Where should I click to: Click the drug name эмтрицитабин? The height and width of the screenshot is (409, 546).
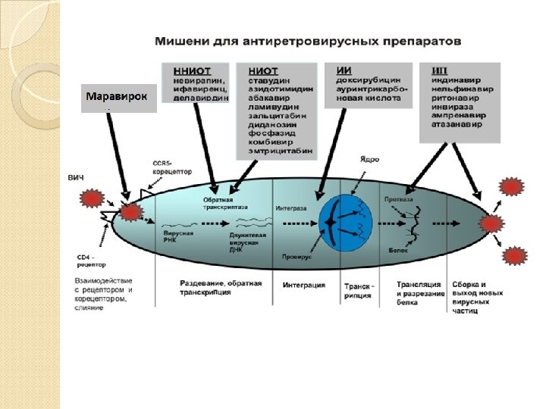click(280, 150)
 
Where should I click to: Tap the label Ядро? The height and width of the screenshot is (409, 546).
click(369, 161)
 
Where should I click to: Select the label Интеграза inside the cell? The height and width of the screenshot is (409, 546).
click(291, 205)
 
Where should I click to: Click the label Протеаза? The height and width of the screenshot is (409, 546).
click(399, 200)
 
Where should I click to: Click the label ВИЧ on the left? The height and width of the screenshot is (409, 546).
click(76, 178)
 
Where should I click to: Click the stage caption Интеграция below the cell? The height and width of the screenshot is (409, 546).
click(304, 286)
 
